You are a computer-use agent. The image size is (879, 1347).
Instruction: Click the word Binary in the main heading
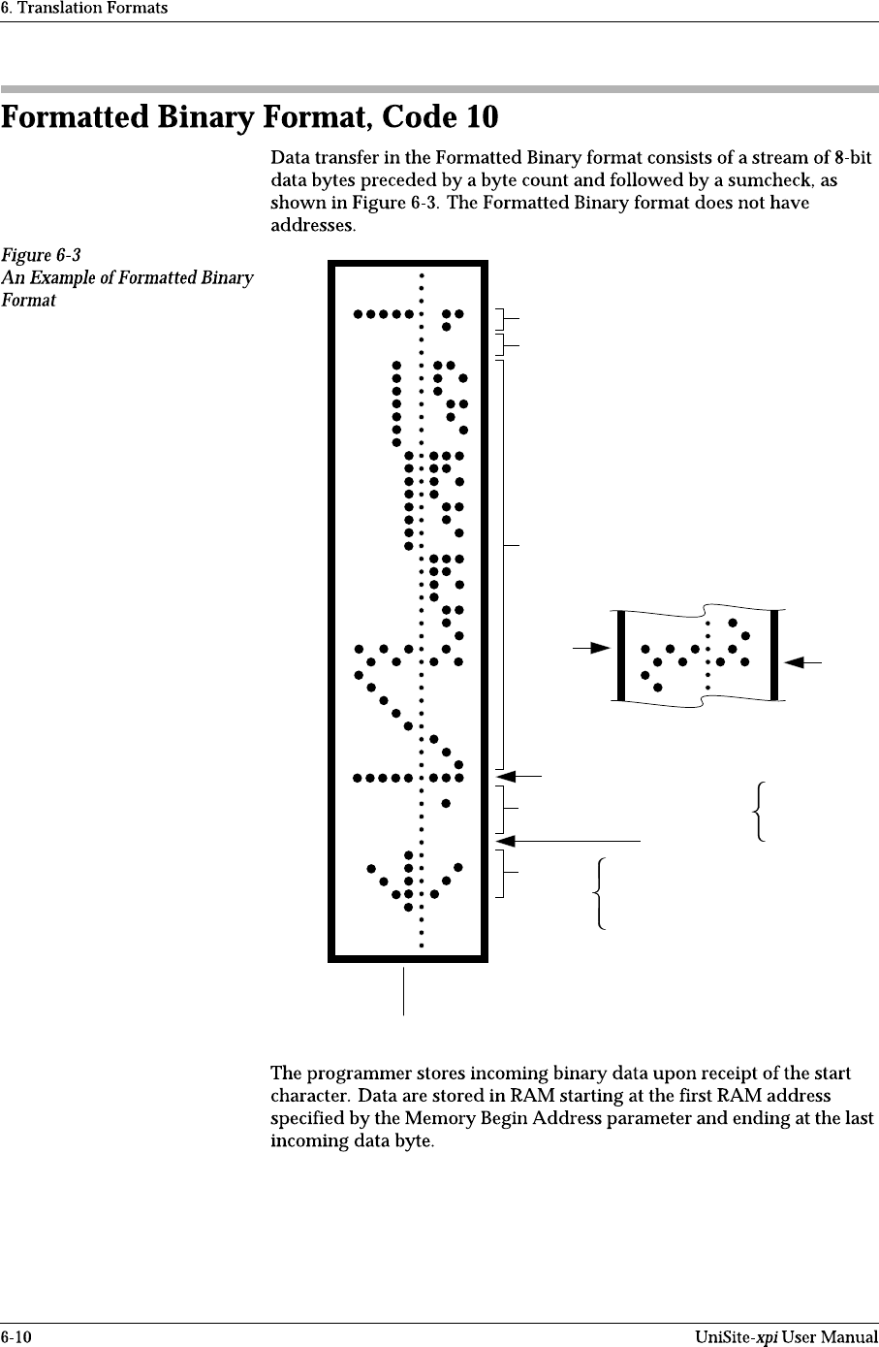pos(204,118)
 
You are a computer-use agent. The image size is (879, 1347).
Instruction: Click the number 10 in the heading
pos(483,118)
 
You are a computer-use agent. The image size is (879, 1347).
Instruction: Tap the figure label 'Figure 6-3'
pos(41,255)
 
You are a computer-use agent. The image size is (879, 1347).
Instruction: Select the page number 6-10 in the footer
pos(16,1338)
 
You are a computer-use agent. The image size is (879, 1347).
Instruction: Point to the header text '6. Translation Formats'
pos(84,8)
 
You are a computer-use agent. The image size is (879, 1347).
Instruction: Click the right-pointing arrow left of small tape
pos(593,647)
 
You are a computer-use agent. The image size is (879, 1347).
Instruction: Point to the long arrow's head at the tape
pos(503,839)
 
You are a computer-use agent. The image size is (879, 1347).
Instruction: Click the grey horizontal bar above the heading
pos(439,88)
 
